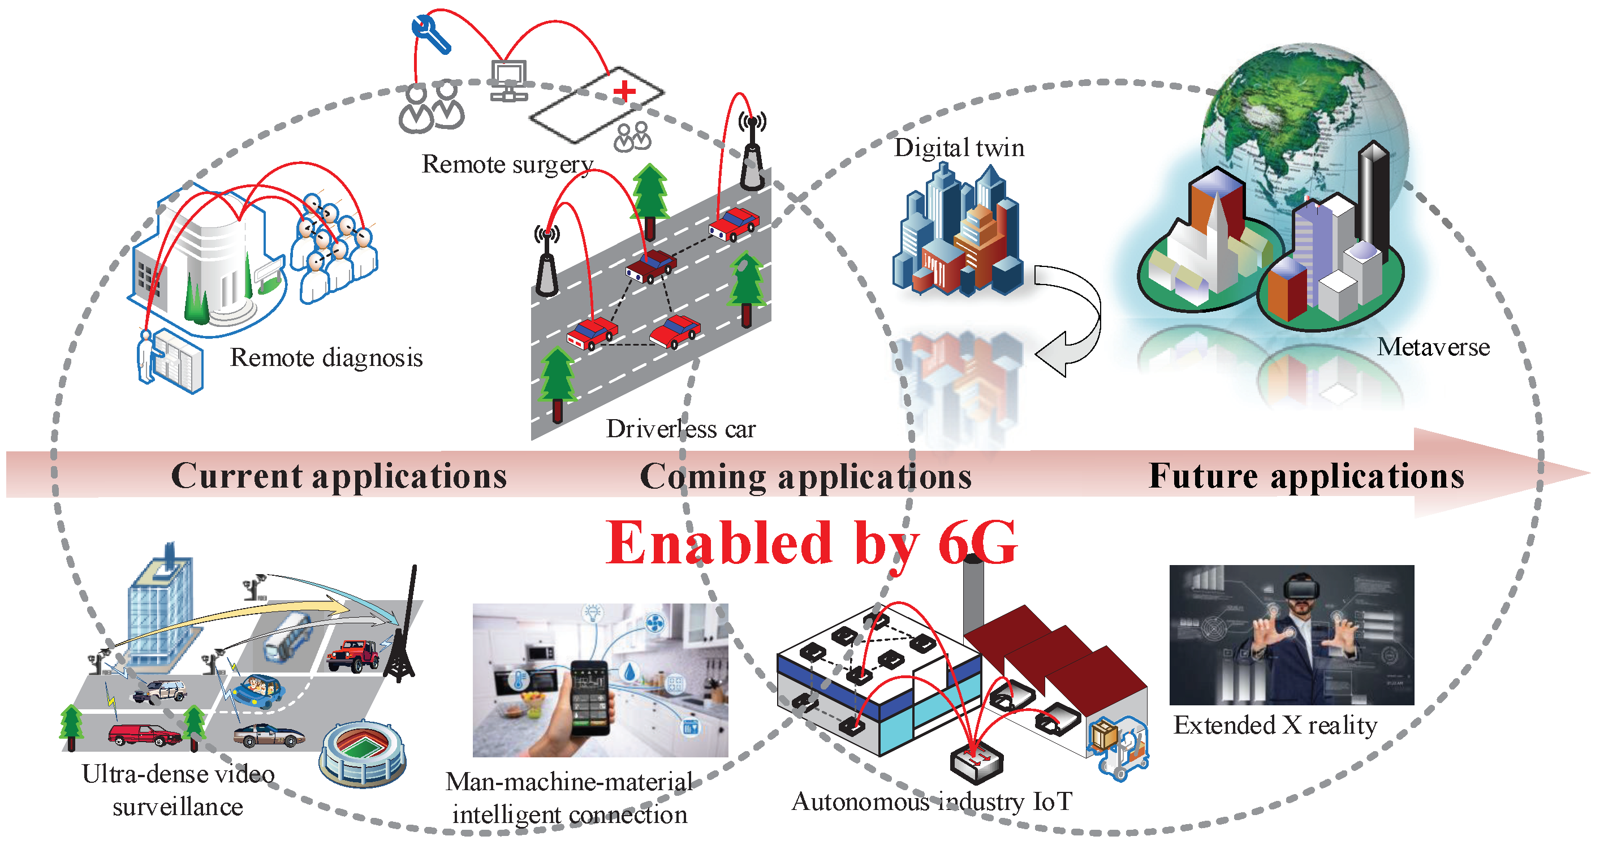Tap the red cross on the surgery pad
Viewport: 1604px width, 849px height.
(624, 92)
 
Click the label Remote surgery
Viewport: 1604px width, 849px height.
(507, 165)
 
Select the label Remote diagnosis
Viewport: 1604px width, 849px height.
(326, 358)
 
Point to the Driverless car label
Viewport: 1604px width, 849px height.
(680, 429)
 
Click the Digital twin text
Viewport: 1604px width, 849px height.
(959, 148)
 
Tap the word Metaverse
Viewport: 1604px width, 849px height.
(1433, 347)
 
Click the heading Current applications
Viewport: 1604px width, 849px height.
(339, 476)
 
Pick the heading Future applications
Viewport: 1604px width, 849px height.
(1307, 476)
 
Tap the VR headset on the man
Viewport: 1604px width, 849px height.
(1301, 589)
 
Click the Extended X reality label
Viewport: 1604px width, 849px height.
(1275, 726)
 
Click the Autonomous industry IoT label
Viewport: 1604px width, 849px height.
(932, 802)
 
